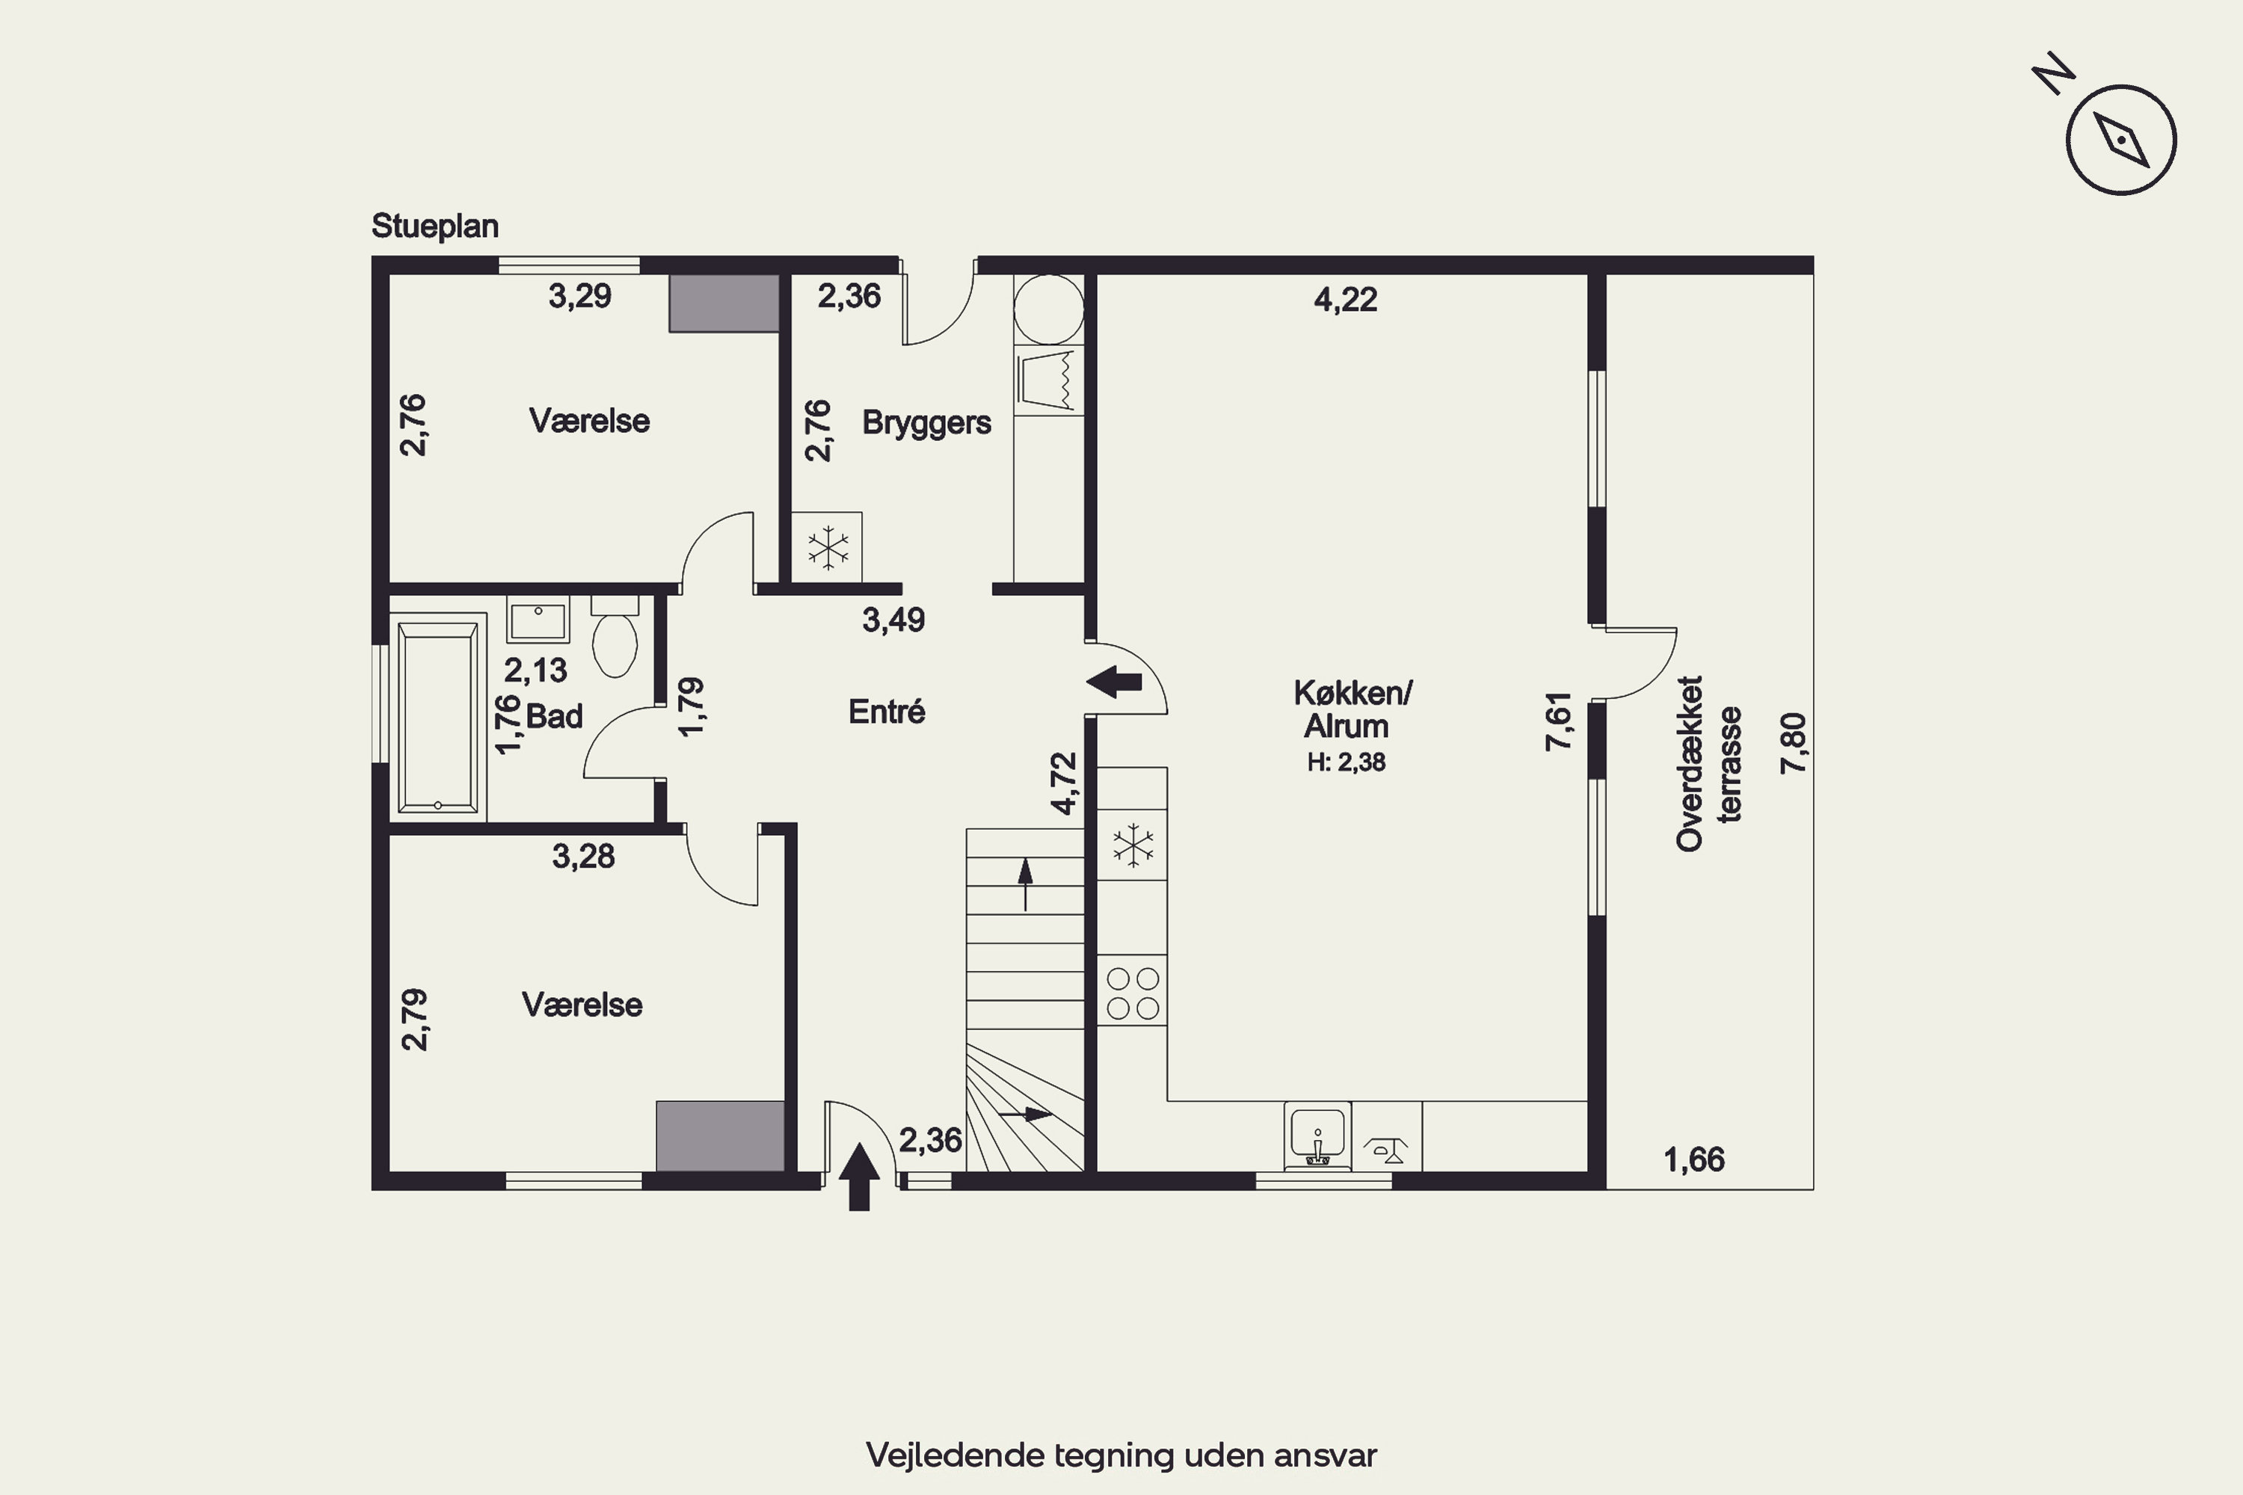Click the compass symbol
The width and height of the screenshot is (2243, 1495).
[2121, 141]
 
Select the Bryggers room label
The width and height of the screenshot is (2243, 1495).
[926, 422]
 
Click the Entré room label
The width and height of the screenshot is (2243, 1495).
[887, 712]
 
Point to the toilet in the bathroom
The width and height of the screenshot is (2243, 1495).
[615, 636]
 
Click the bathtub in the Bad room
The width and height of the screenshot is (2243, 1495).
[437, 716]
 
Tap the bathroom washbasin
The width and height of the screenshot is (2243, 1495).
[538, 620]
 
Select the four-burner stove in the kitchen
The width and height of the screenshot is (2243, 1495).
[1132, 992]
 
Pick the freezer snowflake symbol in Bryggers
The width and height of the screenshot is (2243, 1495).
[828, 548]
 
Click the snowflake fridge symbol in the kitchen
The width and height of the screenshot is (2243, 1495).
[1133, 845]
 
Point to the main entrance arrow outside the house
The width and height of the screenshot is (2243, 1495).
[859, 1177]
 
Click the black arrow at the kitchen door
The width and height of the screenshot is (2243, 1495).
[1114, 682]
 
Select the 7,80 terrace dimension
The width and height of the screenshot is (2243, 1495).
[1793, 743]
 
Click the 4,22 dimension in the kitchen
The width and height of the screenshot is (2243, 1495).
[1346, 300]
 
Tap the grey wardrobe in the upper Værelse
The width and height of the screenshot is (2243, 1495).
[724, 303]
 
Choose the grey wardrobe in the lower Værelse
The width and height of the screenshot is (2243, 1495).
[720, 1136]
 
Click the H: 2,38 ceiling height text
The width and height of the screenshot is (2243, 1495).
[1347, 762]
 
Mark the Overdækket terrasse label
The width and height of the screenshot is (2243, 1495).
[1709, 764]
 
